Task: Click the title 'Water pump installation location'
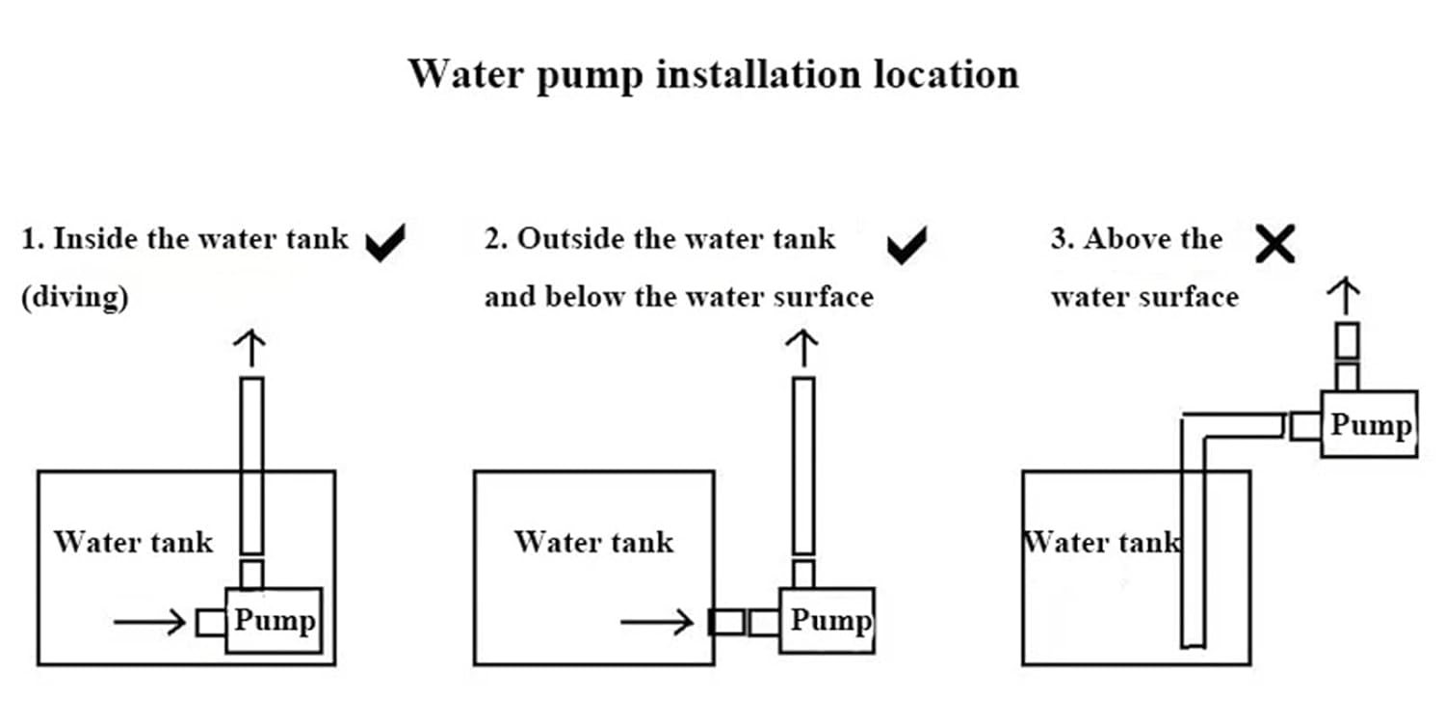pyautogui.click(x=713, y=74)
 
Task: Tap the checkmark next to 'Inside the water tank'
pyautogui.click(x=386, y=243)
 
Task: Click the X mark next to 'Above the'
pyautogui.click(x=1275, y=245)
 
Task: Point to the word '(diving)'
pyautogui.click(x=75, y=298)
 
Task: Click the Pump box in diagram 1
pyautogui.click(x=274, y=620)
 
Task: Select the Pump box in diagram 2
pyautogui.click(x=828, y=620)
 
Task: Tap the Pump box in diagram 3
pyautogui.click(x=1369, y=423)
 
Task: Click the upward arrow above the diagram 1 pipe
pyautogui.click(x=250, y=347)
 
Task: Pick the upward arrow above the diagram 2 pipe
pyautogui.click(x=803, y=347)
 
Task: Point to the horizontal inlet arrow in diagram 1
pyautogui.click(x=149, y=623)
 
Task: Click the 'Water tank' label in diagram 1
pyautogui.click(x=133, y=542)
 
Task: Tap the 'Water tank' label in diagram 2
pyautogui.click(x=593, y=542)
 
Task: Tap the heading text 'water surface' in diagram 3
pyautogui.click(x=1144, y=297)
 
